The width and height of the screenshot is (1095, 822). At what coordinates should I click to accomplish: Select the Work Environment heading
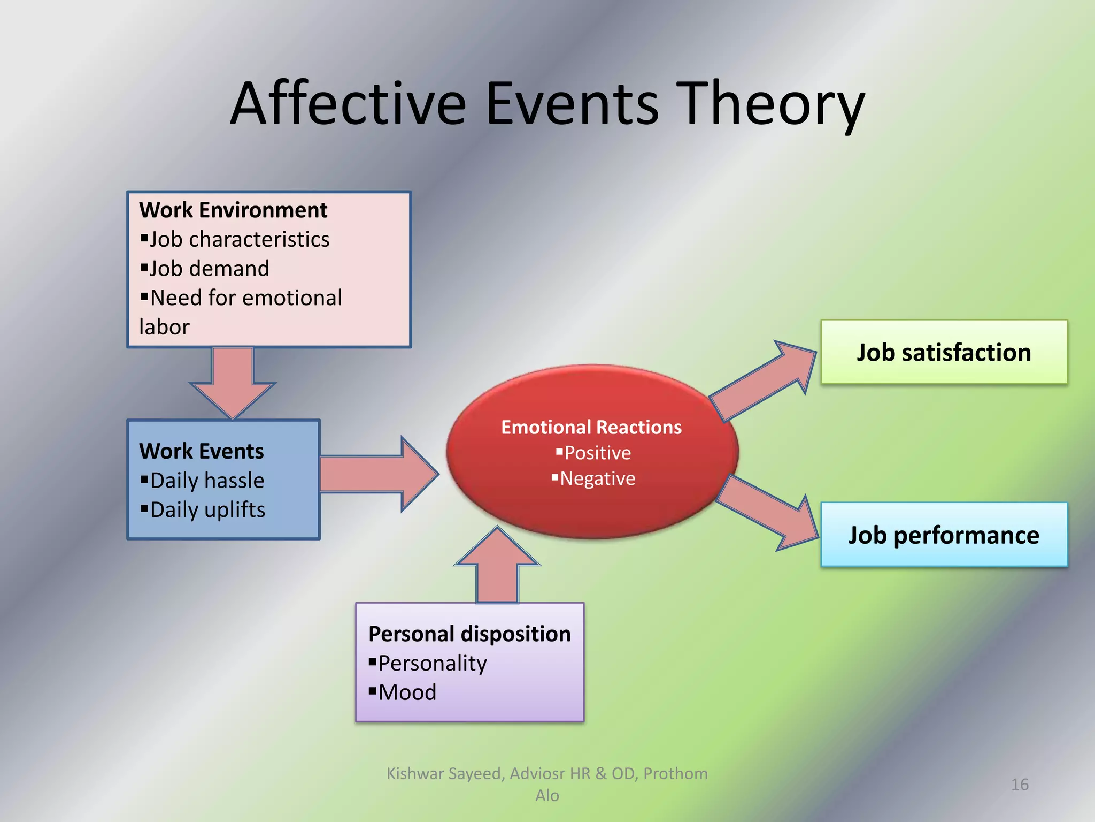click(233, 210)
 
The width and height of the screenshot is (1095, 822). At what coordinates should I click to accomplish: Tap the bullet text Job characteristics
click(239, 239)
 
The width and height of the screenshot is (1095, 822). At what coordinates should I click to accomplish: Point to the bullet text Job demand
click(209, 269)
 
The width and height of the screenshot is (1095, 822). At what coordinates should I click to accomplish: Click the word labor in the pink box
click(164, 327)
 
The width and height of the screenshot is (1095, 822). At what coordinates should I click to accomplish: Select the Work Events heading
click(202, 451)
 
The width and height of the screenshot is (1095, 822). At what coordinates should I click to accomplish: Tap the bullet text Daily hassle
click(207, 481)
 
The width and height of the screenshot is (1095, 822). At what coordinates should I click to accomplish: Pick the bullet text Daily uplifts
click(207, 510)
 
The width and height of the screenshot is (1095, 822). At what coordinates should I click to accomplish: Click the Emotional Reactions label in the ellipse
click(591, 427)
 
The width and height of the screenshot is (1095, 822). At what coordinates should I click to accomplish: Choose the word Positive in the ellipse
click(597, 453)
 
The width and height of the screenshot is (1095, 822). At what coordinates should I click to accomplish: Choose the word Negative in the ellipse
click(597, 478)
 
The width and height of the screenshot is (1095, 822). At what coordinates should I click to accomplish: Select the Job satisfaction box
click(944, 352)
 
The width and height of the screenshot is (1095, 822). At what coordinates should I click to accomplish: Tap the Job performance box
click(944, 535)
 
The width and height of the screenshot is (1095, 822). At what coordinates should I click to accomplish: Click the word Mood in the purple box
click(407, 692)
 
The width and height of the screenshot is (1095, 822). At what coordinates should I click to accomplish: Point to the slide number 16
click(1020, 785)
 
